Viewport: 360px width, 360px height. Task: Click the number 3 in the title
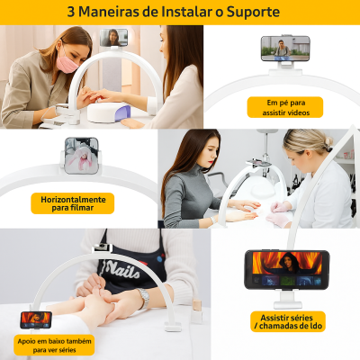[71, 12]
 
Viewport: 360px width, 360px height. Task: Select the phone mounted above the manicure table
[114, 38]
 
